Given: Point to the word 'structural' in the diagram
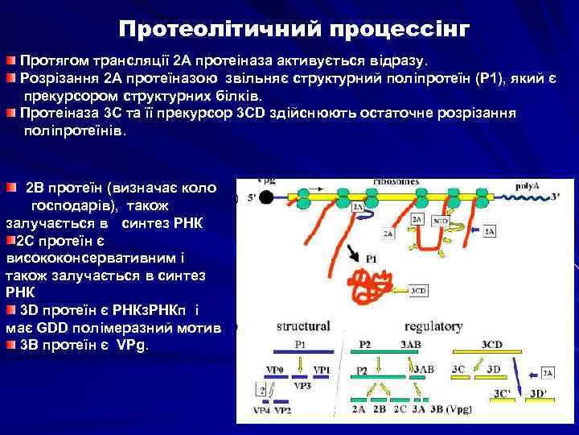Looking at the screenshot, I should tap(303, 326).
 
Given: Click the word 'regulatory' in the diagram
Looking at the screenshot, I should tap(433, 326).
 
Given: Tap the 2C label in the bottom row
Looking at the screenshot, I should tap(399, 409).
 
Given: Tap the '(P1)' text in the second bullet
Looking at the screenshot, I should tap(492, 77).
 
